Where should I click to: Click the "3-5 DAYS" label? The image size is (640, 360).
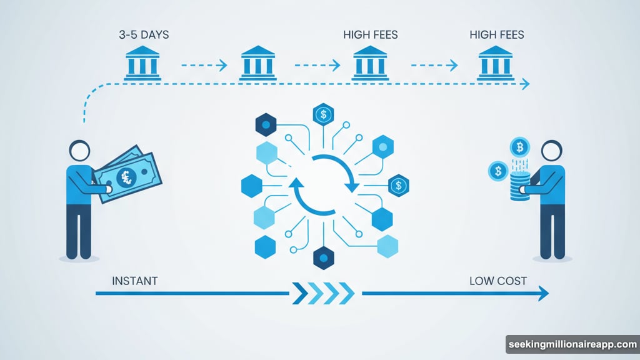(x=144, y=35)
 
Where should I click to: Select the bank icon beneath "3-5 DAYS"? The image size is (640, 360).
(x=142, y=63)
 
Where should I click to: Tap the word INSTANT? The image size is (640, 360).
(x=134, y=281)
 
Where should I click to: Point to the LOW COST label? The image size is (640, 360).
(x=498, y=281)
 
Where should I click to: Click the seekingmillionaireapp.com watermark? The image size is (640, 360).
(x=572, y=345)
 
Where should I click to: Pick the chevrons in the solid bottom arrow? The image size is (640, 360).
(x=322, y=292)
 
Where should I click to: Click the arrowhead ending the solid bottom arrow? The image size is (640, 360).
(x=544, y=292)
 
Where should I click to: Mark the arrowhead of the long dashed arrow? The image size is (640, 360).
(x=524, y=84)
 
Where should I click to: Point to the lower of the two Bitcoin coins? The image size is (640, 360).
(x=498, y=170)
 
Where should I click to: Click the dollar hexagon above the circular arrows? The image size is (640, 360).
(x=323, y=114)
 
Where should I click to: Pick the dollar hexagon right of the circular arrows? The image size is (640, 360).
(x=398, y=185)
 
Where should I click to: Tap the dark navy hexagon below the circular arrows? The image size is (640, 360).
(x=322, y=256)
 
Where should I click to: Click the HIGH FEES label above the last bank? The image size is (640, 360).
(x=497, y=35)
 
